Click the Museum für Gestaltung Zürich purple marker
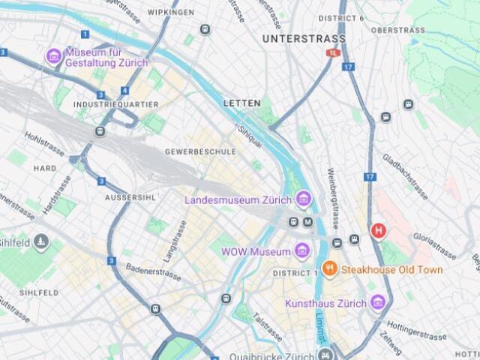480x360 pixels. point(53,56)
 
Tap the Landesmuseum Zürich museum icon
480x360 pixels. point(303,199)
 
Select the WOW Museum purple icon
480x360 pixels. point(302,250)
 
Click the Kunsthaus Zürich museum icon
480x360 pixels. point(378,303)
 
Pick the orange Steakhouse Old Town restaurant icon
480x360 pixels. point(328,268)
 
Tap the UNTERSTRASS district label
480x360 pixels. point(304,38)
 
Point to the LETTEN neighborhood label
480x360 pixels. point(241,103)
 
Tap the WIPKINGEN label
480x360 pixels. point(170,13)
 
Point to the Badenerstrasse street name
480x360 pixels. point(154,268)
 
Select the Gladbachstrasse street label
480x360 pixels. point(405,177)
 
